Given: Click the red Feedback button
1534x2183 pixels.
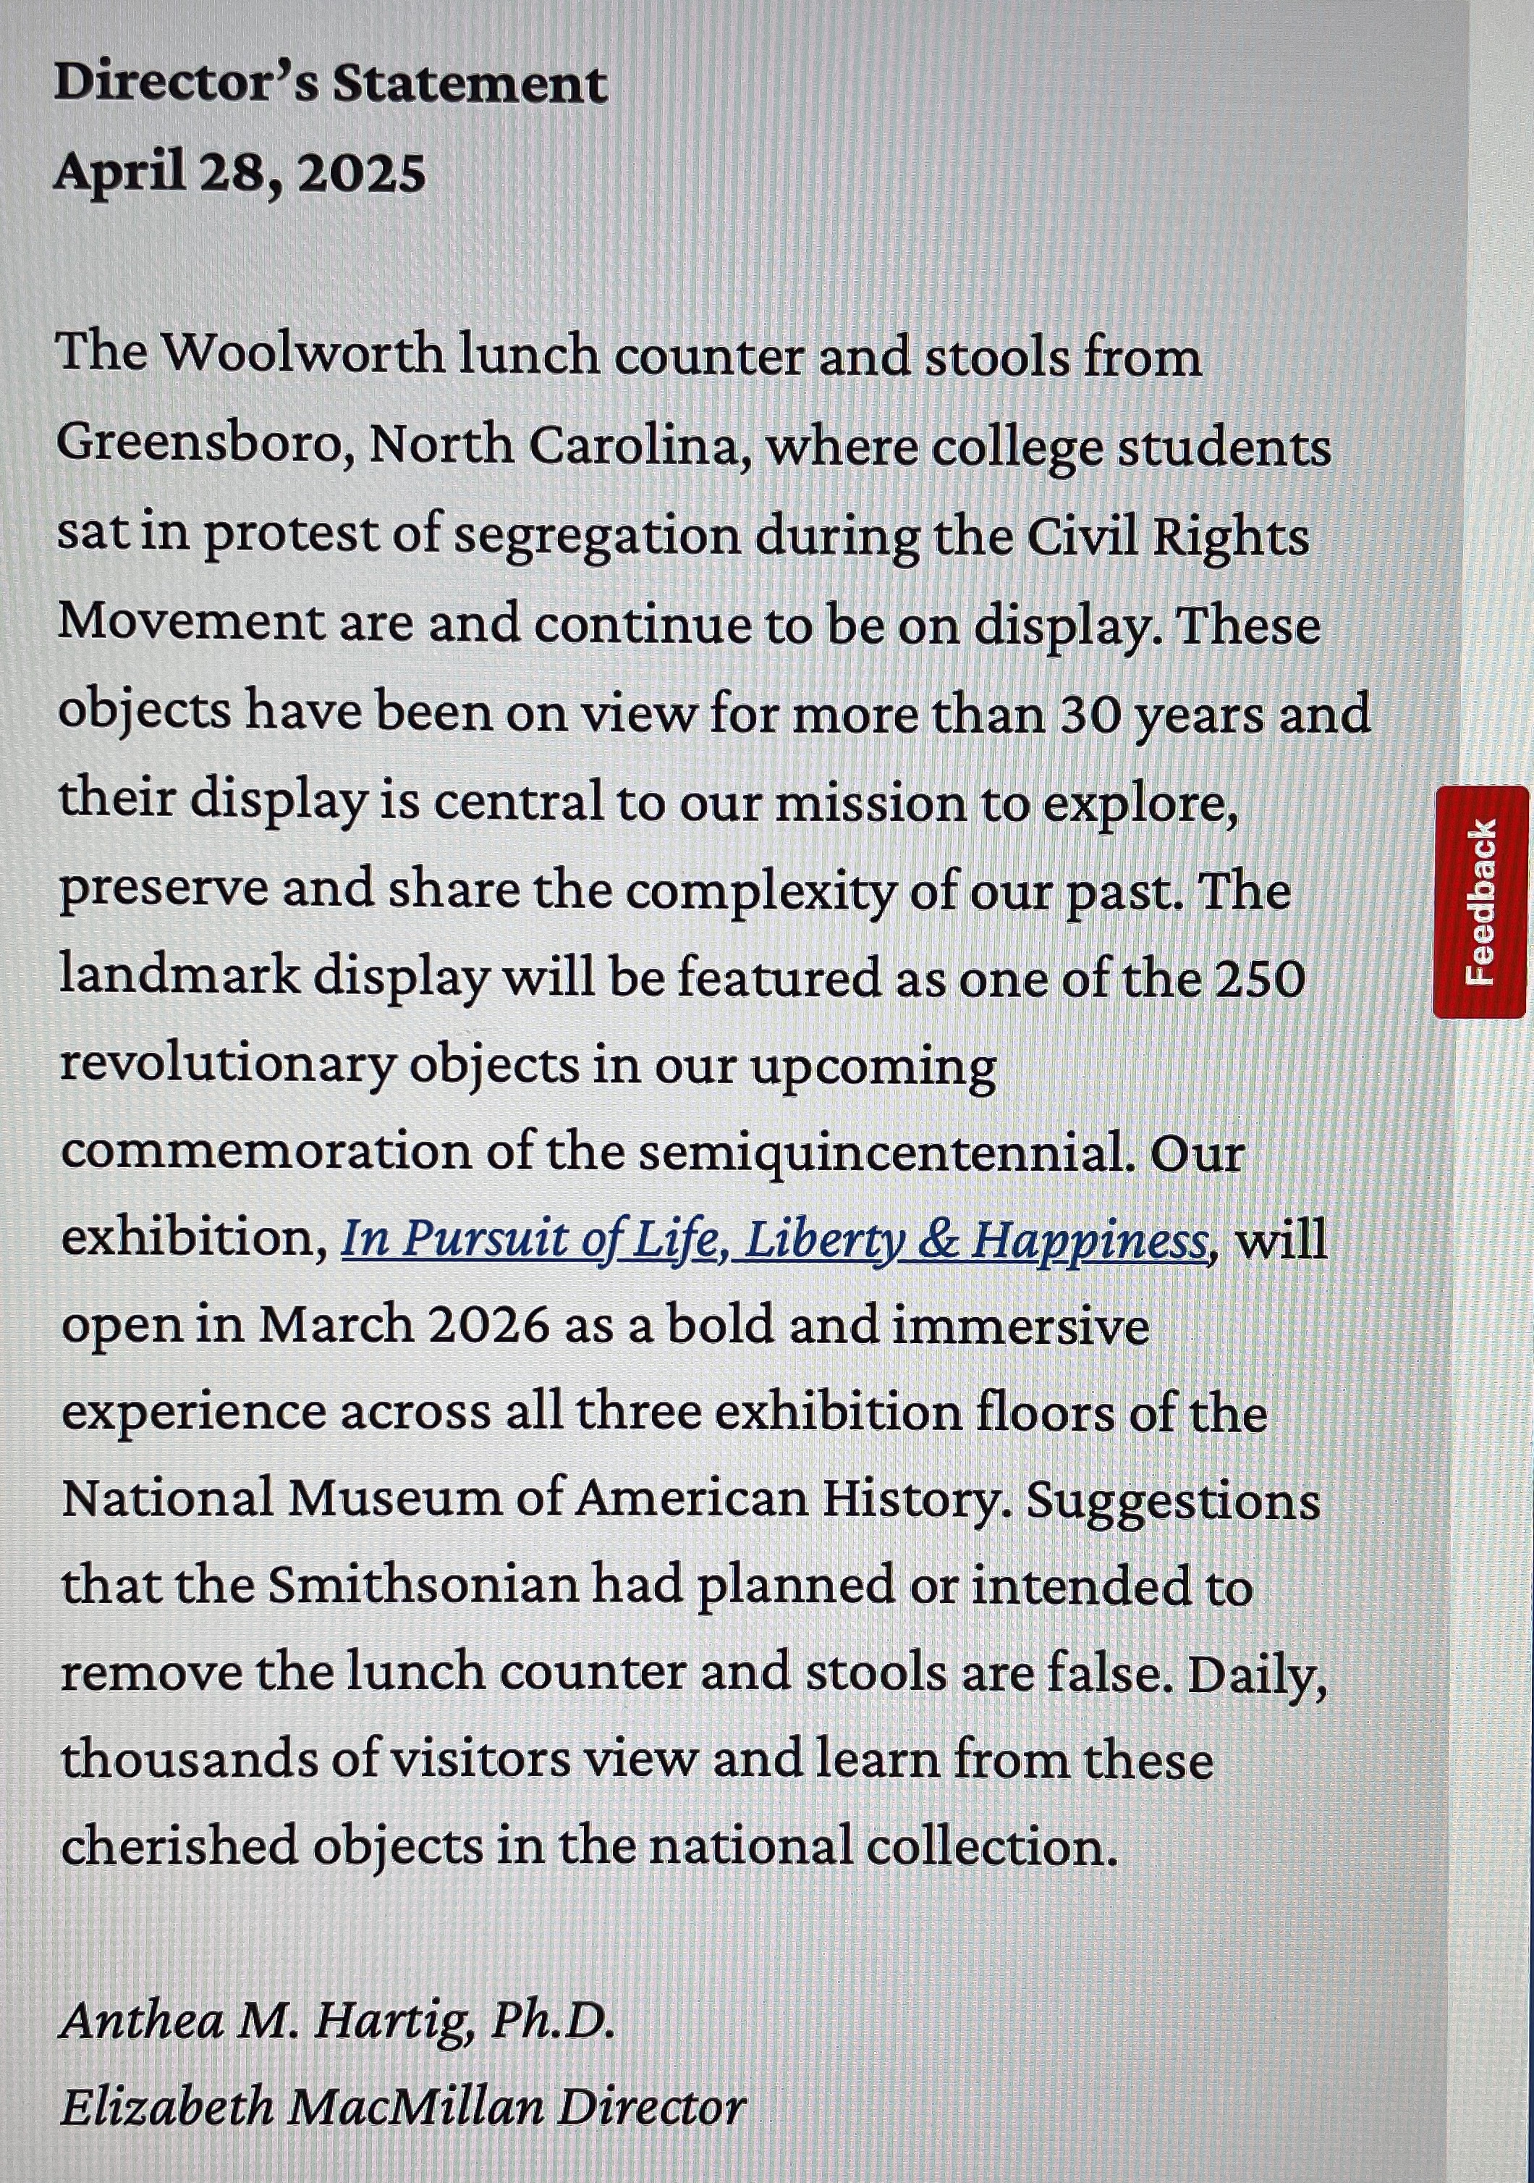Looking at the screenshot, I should (x=1480, y=901).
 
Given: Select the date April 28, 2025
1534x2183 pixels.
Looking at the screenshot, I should (x=240, y=173).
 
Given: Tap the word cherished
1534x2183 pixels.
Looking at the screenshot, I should (x=179, y=1847).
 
